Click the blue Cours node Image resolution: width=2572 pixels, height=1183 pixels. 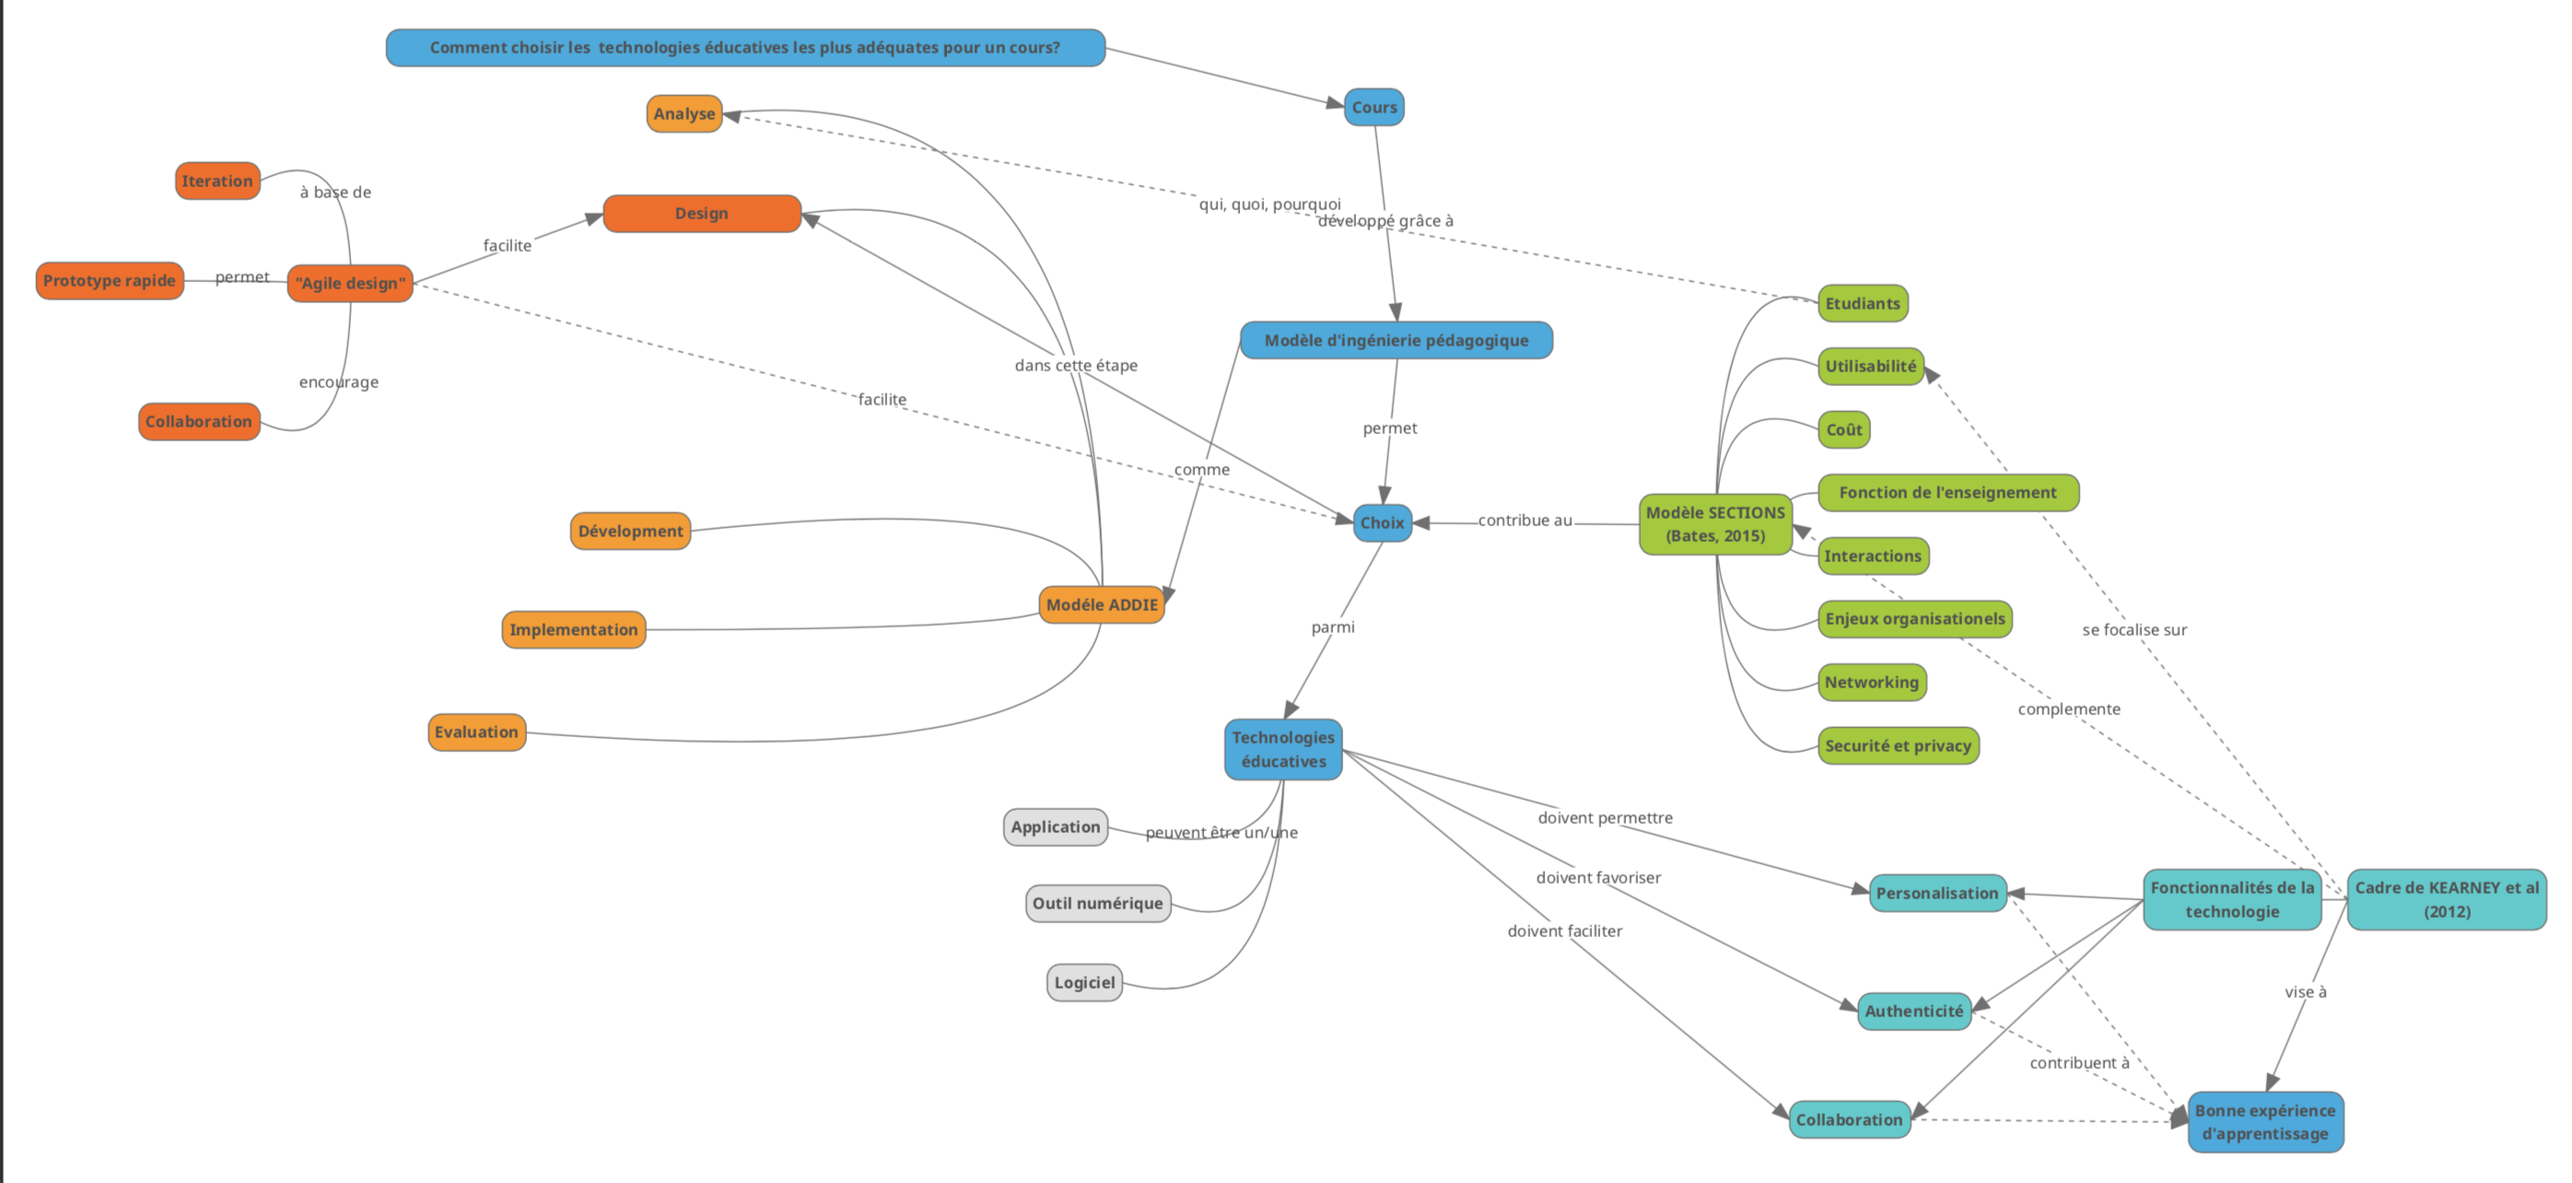coord(1374,107)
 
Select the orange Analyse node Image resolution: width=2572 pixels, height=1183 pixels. coord(684,114)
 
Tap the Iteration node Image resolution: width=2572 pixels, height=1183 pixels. coord(216,181)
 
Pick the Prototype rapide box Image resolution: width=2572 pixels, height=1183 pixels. coord(109,280)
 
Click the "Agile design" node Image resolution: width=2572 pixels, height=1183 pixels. coord(350,284)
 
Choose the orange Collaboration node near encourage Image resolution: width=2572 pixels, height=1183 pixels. coord(199,421)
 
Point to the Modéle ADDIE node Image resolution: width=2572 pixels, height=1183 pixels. coord(1101,605)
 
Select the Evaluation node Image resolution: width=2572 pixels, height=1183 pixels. coord(476,732)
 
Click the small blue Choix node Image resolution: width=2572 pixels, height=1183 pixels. coord(1382,523)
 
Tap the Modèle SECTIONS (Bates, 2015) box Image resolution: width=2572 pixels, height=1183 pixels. coord(1714,524)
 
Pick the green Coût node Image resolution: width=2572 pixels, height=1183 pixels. coord(1843,430)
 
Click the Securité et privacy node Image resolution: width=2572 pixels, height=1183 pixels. coord(1897,745)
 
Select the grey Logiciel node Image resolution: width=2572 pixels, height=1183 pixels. coord(1084,982)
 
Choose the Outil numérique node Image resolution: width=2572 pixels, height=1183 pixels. coord(1097,904)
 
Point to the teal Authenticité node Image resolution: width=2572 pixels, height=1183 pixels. coord(1913,1012)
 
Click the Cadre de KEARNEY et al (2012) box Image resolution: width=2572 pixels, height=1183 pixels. coord(2446,899)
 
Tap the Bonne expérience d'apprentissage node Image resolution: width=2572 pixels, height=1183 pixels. coord(2264,1122)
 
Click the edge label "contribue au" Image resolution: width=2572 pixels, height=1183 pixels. coord(1525,521)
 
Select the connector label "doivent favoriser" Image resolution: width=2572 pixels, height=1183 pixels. coord(1597,877)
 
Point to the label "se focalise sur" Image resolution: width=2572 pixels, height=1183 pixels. coord(2134,630)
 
